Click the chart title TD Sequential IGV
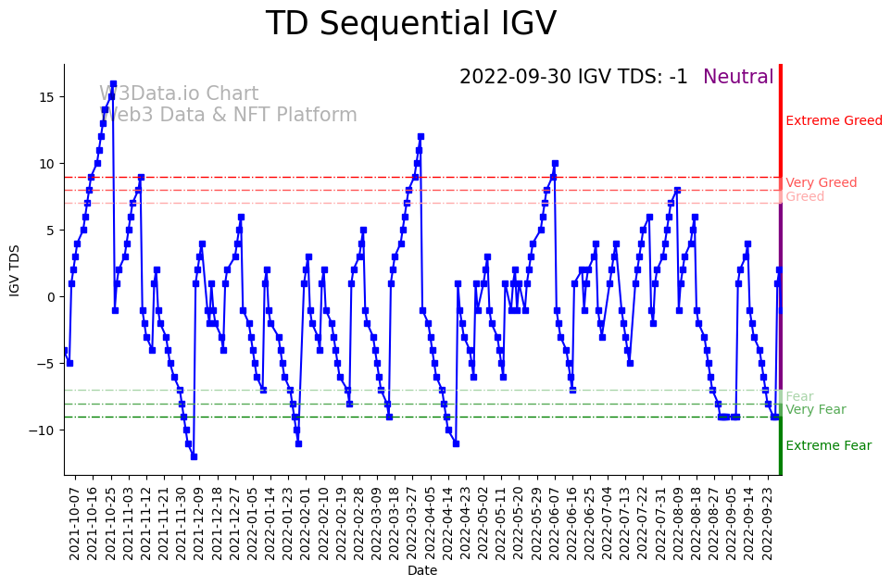pyautogui.click(x=411, y=24)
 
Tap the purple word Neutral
pyautogui.click(x=738, y=78)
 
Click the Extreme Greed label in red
pyautogui.click(x=834, y=121)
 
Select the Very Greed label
pyautogui.click(x=821, y=183)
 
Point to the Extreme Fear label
pyautogui.click(x=828, y=446)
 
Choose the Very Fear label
pyautogui.click(x=815, y=410)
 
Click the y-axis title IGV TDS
pyautogui.click(x=15, y=269)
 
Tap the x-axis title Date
pyautogui.click(x=422, y=571)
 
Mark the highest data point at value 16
pyautogui.click(x=113, y=83)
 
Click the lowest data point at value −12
pyautogui.click(x=194, y=456)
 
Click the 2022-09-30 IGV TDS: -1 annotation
pyautogui.click(x=573, y=78)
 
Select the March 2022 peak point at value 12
pyautogui.click(x=420, y=137)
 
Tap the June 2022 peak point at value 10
pyautogui.click(x=555, y=164)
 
